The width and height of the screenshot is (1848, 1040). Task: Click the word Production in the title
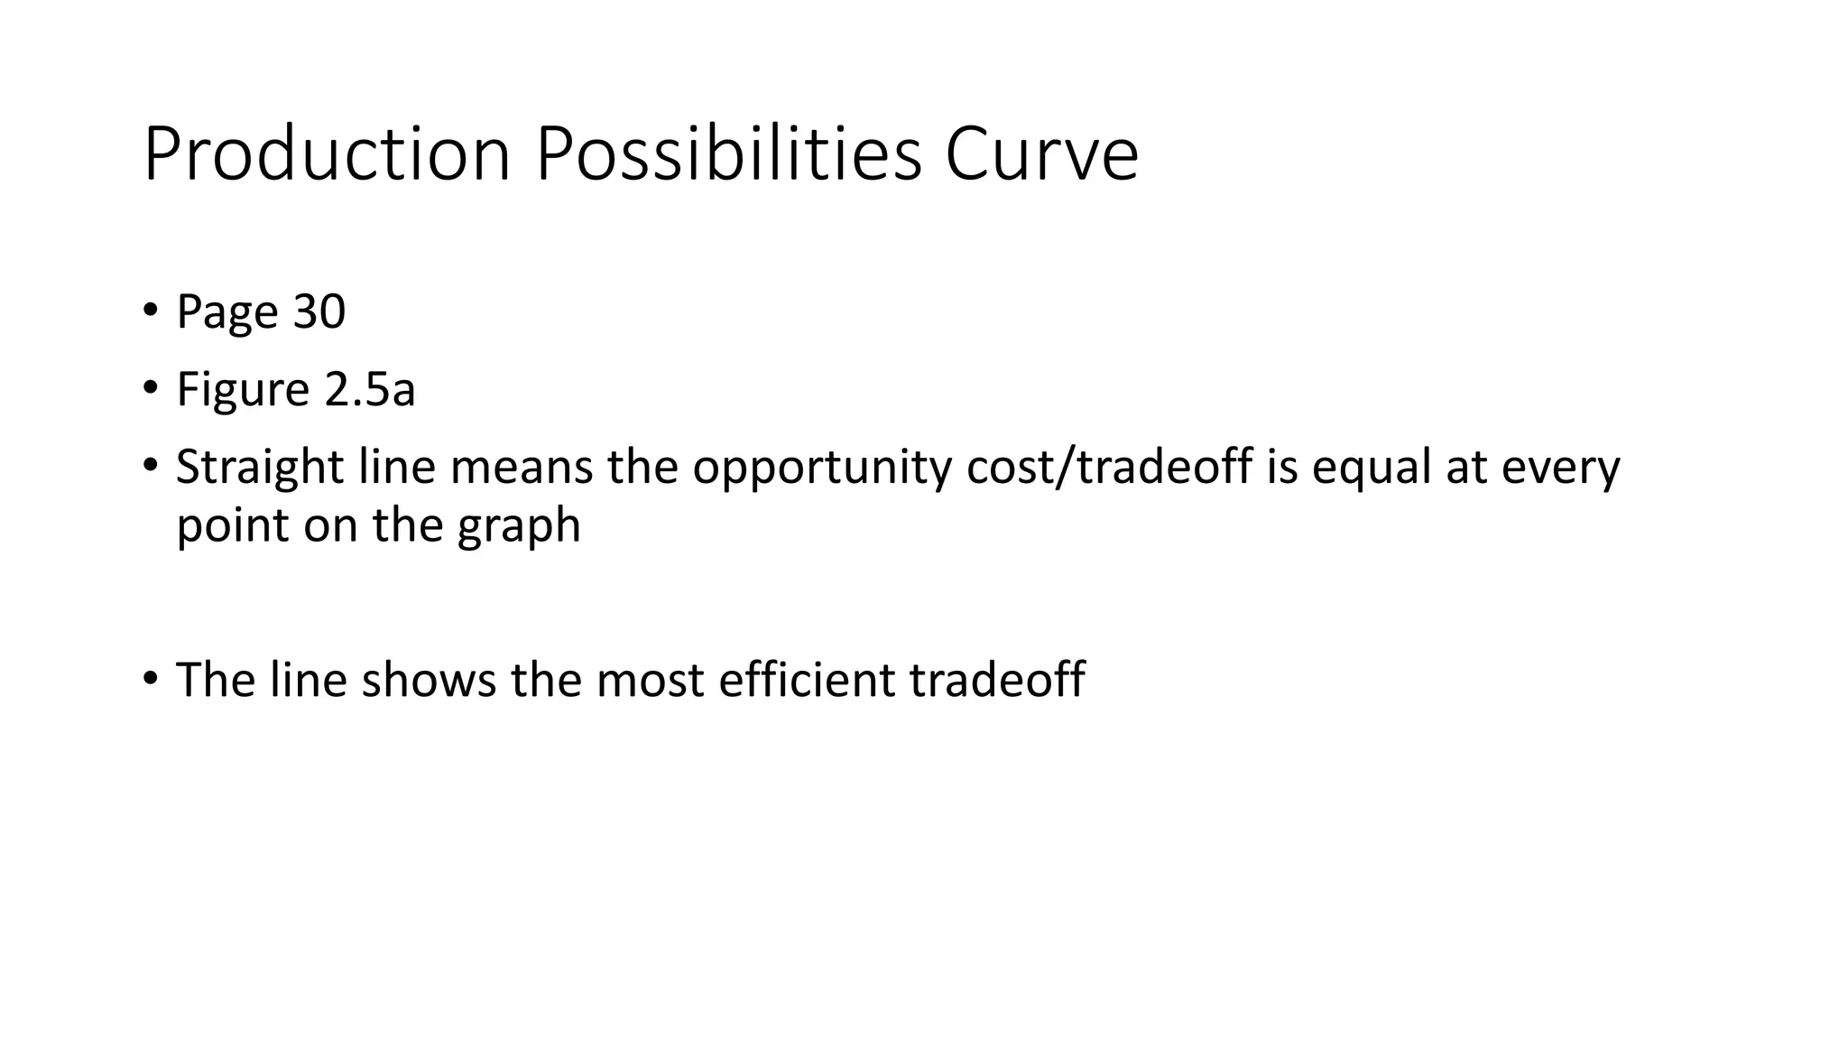point(328,154)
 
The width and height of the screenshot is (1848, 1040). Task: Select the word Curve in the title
point(1041,154)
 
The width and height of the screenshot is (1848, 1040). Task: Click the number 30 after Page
point(319,311)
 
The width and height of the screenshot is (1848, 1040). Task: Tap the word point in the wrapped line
point(233,525)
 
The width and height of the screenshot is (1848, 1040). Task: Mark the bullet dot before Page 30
point(150,310)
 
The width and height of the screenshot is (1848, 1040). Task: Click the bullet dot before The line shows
point(150,677)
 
